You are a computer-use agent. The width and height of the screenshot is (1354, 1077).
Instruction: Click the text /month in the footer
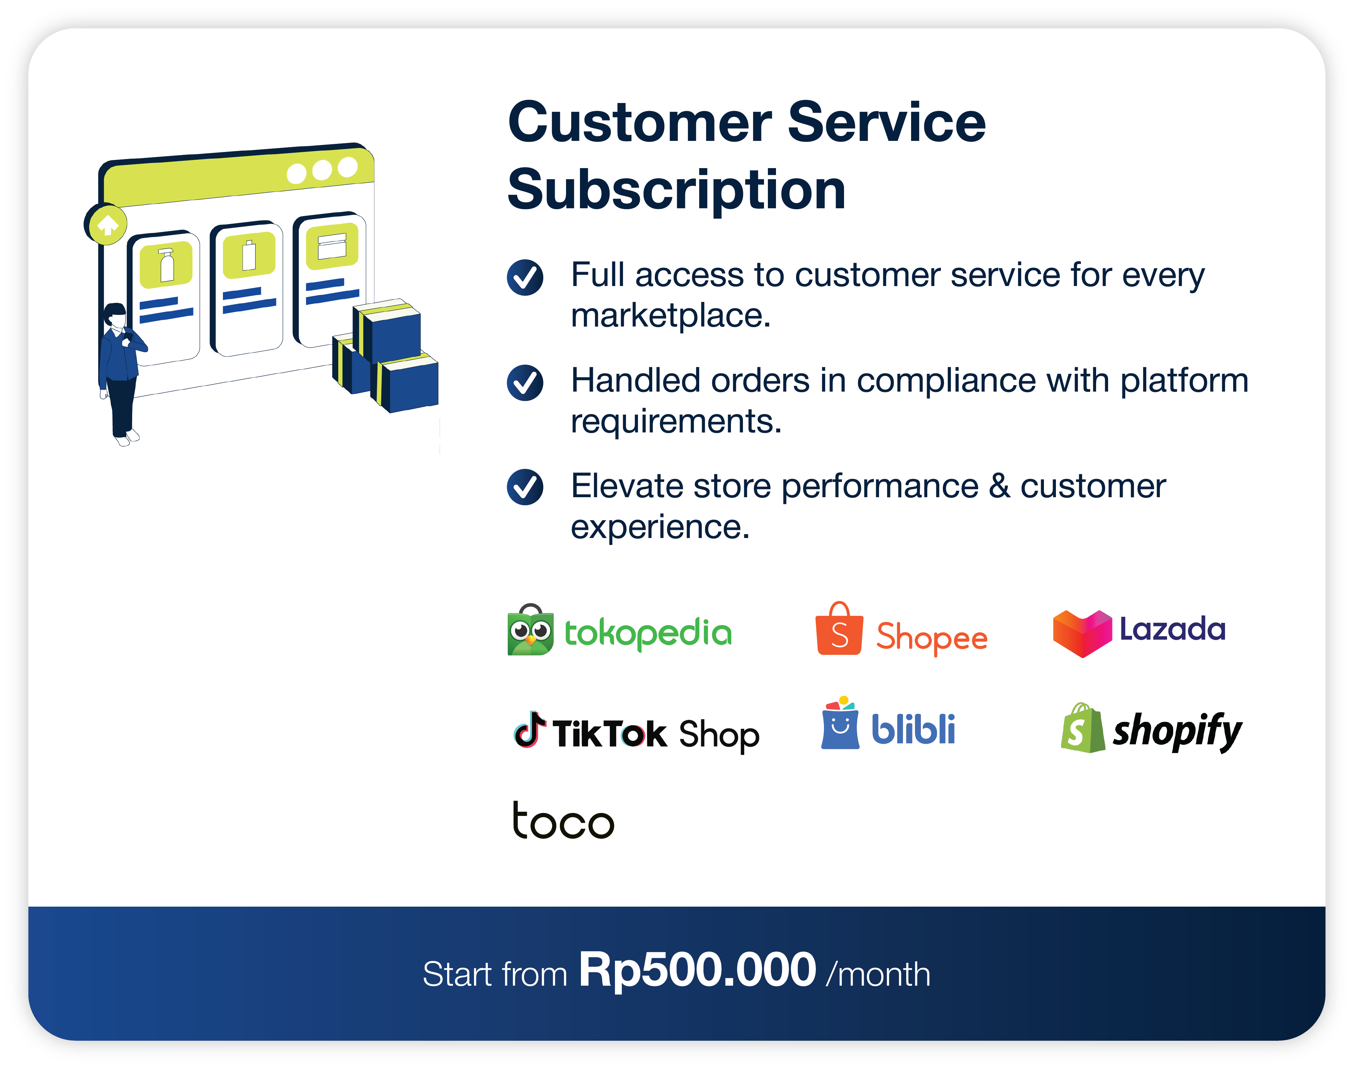878,975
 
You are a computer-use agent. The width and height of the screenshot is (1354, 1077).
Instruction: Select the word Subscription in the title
677,190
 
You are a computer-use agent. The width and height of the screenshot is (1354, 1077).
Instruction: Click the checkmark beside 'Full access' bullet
525,277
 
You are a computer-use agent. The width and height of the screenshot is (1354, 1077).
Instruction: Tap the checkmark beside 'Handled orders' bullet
525,383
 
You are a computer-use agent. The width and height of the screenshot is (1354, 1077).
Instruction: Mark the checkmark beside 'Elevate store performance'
525,487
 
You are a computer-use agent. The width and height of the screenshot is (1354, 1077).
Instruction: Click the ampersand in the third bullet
999,487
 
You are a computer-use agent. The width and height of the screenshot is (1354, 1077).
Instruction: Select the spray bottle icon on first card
167,266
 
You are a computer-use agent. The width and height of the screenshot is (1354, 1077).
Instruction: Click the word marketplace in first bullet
670,315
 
